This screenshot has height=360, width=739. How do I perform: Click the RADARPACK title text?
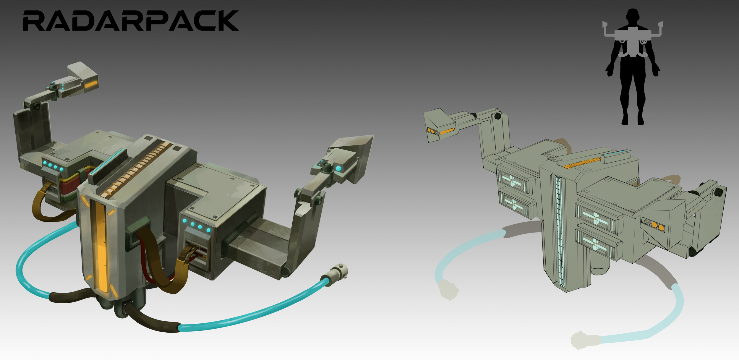(131, 21)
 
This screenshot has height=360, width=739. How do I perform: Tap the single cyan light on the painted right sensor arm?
(338, 168)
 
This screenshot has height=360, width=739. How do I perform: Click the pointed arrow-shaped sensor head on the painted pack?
(352, 154)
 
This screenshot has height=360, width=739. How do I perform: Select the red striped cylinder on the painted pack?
(71, 186)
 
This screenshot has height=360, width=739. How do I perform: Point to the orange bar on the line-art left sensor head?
(447, 131)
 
